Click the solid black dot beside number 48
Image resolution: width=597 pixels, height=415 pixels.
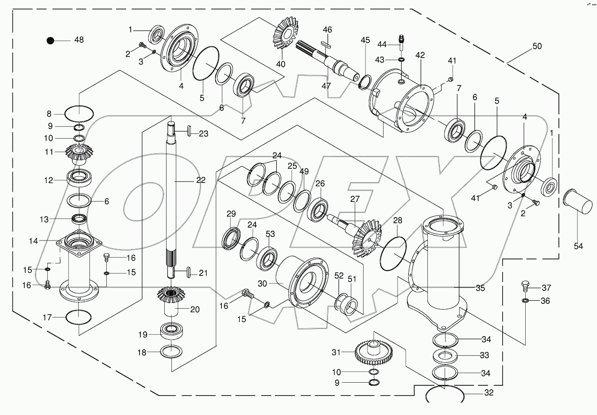[x=50, y=40]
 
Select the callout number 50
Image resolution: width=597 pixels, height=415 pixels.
[x=537, y=47]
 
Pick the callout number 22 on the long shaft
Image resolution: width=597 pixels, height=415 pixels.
[x=201, y=180]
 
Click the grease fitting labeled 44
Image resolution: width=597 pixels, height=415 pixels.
[x=401, y=39]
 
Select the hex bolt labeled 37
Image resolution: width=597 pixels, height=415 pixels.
[x=525, y=286]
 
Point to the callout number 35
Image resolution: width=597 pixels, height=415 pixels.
[x=480, y=288]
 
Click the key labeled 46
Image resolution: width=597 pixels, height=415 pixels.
[x=327, y=43]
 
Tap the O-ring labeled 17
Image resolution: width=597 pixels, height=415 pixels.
[x=78, y=317]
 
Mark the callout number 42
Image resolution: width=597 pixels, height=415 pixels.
[x=420, y=55]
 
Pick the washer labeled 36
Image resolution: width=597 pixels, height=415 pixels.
[x=525, y=301]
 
